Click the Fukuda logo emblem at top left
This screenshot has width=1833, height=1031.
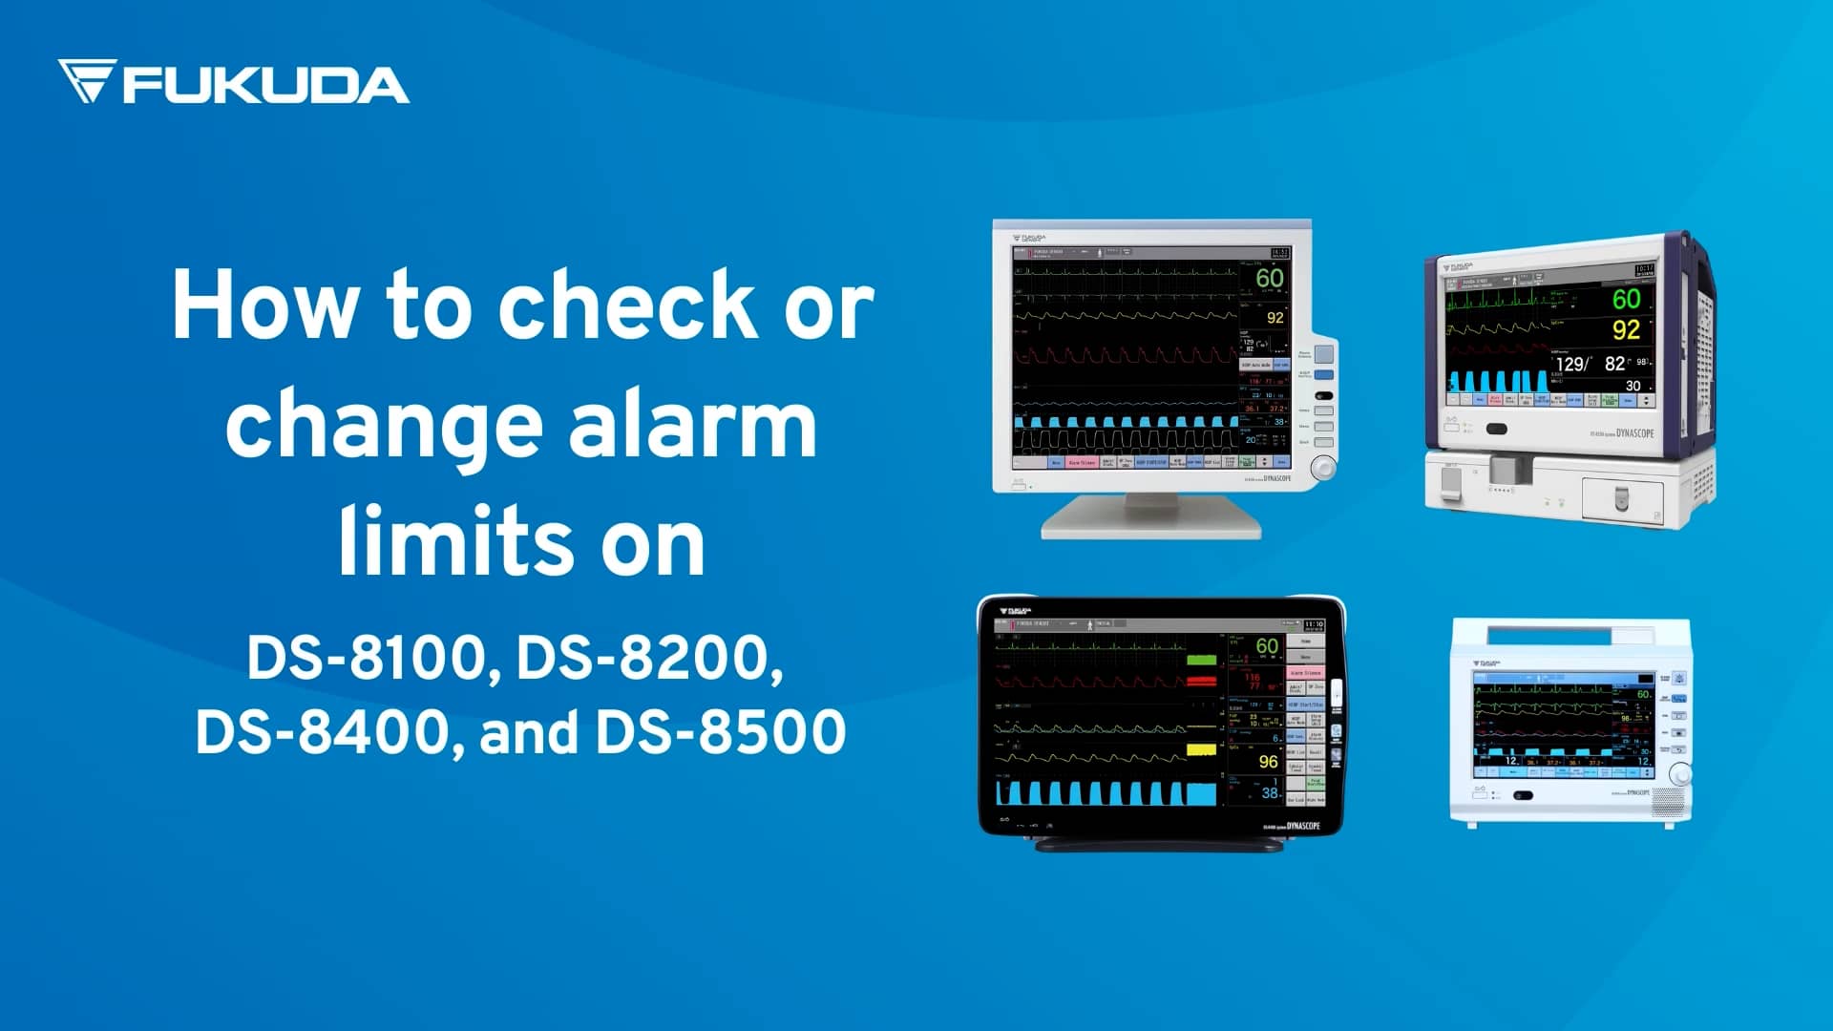coord(87,80)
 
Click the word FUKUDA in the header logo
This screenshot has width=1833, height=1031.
coord(265,85)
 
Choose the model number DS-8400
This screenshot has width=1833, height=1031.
coord(322,732)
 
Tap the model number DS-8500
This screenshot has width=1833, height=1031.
coord(721,732)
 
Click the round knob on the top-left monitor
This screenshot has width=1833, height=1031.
coord(1323,468)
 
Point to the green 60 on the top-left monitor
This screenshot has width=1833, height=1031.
coord(1269,278)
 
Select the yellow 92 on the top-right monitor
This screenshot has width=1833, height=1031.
coord(1626,330)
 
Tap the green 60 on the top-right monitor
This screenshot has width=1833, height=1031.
coord(1626,299)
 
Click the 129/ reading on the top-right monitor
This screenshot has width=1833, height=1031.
coord(1572,364)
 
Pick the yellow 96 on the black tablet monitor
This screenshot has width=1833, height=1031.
coord(1268,761)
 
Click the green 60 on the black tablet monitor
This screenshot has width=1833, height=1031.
coord(1267,646)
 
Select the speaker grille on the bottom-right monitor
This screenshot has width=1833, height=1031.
coord(1668,803)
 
